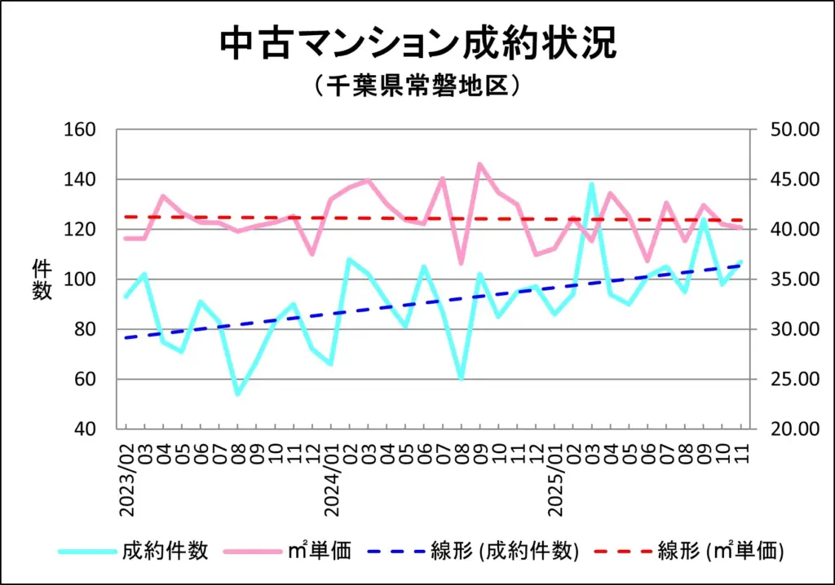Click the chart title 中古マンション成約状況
point(417,45)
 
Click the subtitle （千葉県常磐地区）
point(417,86)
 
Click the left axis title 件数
point(42,279)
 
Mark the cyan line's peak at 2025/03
point(591,185)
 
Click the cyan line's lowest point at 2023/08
point(238,394)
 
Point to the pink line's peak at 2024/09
point(479,164)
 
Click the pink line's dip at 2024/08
point(461,263)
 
